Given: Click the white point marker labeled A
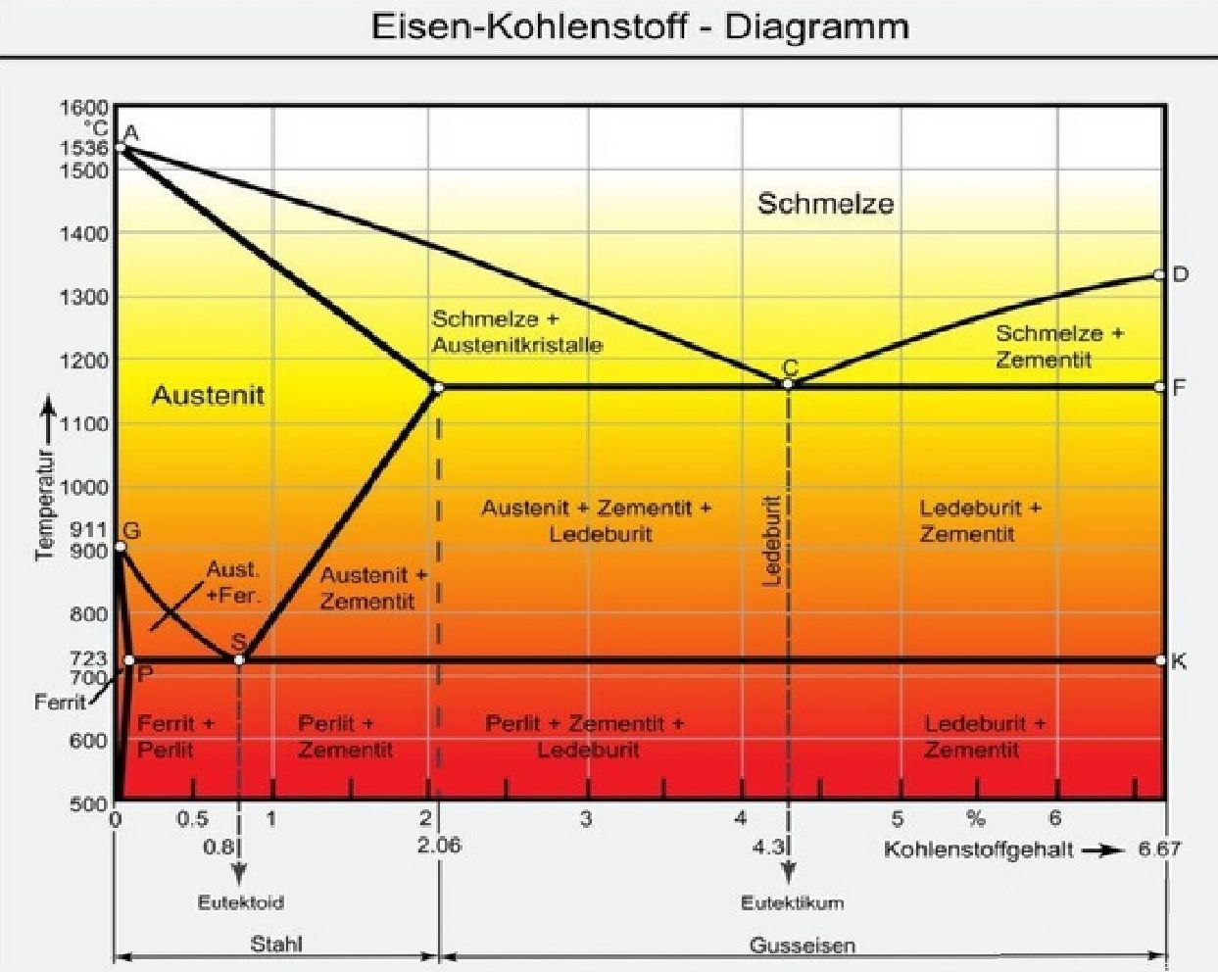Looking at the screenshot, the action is click(x=120, y=148).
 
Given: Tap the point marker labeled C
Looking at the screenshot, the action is click(x=787, y=384).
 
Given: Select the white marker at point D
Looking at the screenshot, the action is click(x=1158, y=274).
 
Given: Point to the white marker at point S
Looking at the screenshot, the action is click(x=239, y=660).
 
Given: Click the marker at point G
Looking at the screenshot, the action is click(x=120, y=547).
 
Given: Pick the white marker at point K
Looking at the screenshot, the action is click(x=1160, y=660).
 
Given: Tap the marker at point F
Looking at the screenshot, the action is click(x=1159, y=387).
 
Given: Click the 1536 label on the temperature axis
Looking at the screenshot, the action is click(x=83, y=148).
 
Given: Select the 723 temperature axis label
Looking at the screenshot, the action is click(x=88, y=658).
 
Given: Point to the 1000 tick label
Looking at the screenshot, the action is click(x=83, y=487).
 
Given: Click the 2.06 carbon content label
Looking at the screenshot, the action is click(x=440, y=846).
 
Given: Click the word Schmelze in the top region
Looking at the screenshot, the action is click(x=826, y=204).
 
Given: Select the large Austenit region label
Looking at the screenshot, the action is click(x=209, y=396).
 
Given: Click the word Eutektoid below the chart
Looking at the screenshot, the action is click(x=241, y=902).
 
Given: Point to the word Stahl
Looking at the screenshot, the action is click(x=276, y=945).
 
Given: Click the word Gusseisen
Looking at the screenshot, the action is click(x=803, y=946).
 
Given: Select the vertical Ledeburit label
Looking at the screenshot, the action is click(x=772, y=541).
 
